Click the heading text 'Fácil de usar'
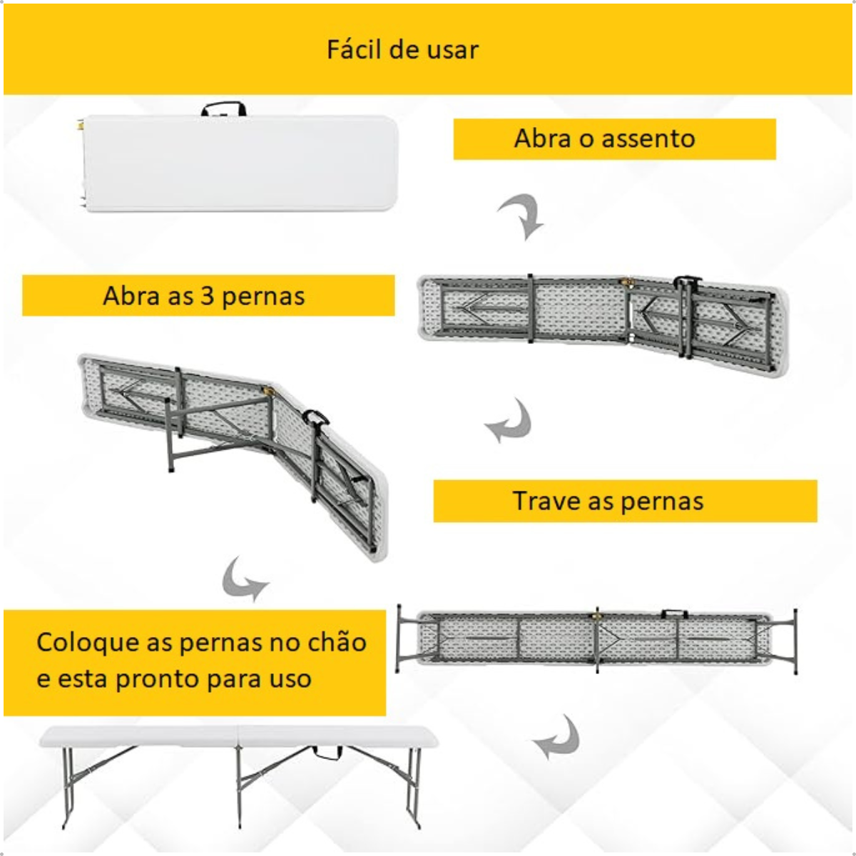point(402,49)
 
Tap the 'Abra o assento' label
point(605,138)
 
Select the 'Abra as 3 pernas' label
point(204,296)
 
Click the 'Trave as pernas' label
point(608,501)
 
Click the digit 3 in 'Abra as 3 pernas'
point(207,296)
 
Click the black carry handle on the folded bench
point(223,109)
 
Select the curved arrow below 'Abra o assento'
point(522,215)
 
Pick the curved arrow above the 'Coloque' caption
point(242,580)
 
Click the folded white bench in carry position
point(240,163)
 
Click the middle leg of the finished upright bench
point(240,787)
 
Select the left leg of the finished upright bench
point(66,787)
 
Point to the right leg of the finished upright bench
point(415,787)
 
